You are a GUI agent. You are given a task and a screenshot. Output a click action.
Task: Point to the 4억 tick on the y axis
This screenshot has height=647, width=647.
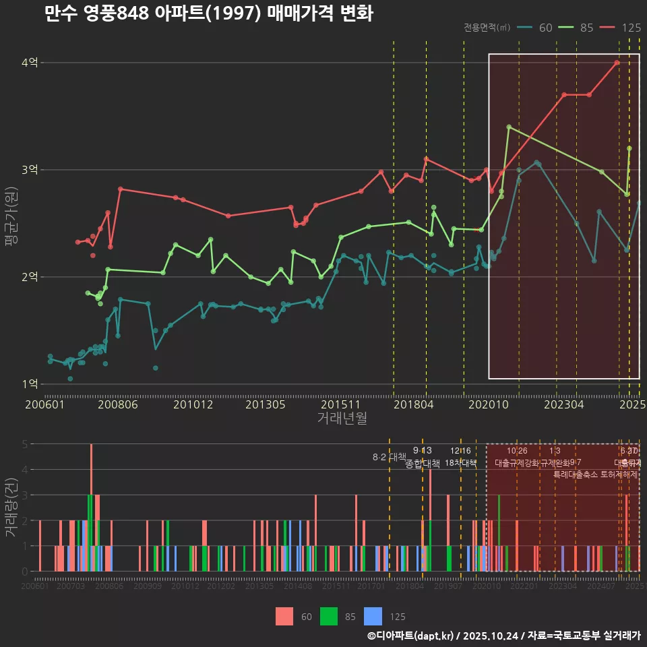(30, 63)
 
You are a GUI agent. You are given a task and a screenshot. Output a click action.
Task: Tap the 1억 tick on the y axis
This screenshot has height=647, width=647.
(30, 384)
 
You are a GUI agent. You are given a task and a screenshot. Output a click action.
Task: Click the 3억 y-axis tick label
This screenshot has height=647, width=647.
(30, 170)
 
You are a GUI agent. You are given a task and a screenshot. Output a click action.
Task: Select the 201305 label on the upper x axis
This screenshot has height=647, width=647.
(264, 405)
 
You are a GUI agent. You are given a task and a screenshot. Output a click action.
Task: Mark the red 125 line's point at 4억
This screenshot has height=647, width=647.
(617, 63)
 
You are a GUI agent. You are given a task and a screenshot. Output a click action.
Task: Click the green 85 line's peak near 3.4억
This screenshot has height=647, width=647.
(509, 127)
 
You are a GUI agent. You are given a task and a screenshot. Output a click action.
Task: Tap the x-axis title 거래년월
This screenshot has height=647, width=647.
(342, 419)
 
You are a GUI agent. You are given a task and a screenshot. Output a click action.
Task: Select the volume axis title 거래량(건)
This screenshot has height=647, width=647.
(11, 507)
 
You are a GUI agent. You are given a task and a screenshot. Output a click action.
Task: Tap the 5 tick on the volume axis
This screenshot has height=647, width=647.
(24, 444)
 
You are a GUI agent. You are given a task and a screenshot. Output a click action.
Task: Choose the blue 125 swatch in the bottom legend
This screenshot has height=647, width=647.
(373, 616)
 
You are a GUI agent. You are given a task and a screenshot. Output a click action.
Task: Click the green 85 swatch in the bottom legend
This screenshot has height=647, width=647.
(329, 616)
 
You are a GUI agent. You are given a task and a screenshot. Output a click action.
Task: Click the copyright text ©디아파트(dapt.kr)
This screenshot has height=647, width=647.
(411, 636)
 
